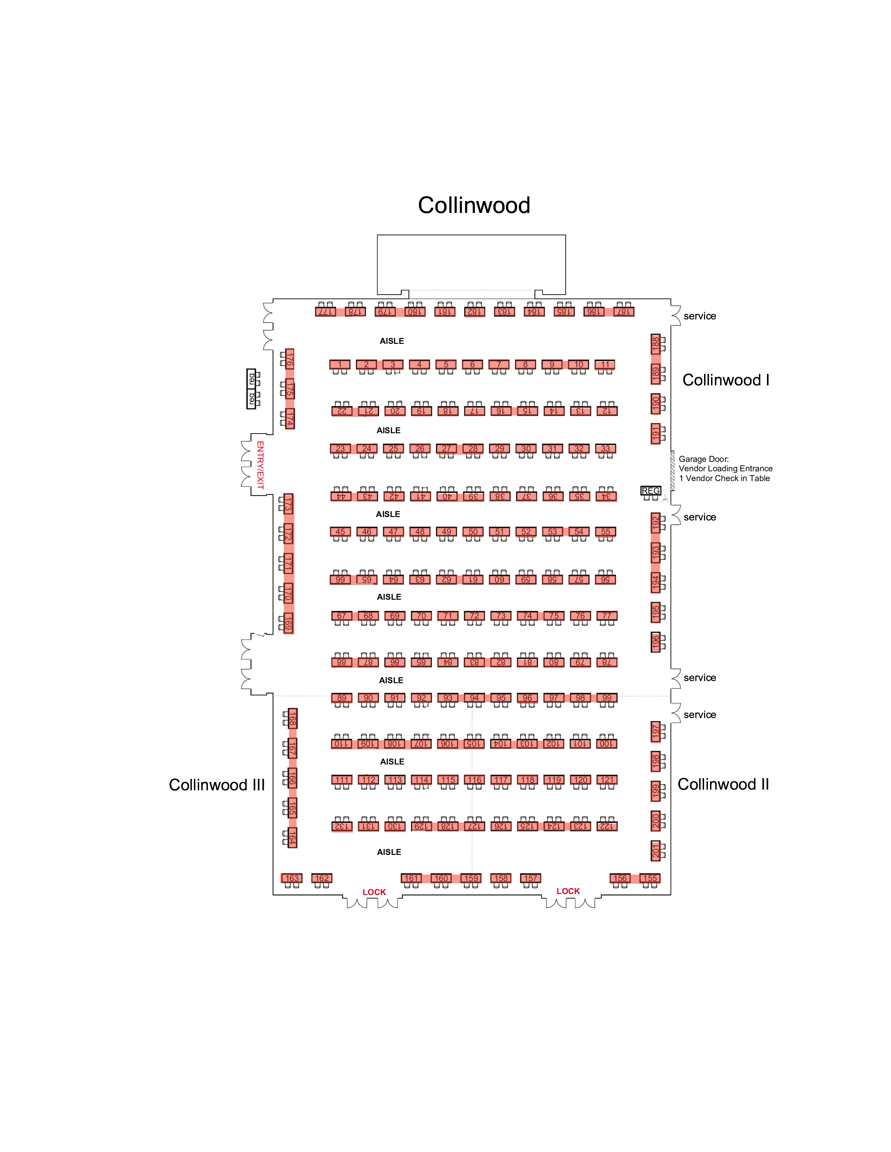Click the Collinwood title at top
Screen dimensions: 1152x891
[x=473, y=205]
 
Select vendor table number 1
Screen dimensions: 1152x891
[x=339, y=364]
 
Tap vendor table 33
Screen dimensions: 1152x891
[x=606, y=449]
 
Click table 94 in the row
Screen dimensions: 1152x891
[x=474, y=698]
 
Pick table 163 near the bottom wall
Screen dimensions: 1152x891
[x=292, y=878]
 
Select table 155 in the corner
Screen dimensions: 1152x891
[x=650, y=878]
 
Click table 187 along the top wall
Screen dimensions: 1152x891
[x=623, y=312]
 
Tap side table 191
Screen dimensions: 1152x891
[x=655, y=434]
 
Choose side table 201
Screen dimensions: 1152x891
[x=655, y=851]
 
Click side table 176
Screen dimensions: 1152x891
[x=289, y=359]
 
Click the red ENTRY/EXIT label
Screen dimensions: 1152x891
[x=260, y=465]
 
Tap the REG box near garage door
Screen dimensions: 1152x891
[x=650, y=490]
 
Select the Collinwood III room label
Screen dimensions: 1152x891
[x=216, y=785]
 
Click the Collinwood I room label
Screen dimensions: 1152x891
[x=725, y=380]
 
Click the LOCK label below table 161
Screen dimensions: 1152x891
[x=374, y=892]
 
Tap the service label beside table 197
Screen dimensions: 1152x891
[x=700, y=715]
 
